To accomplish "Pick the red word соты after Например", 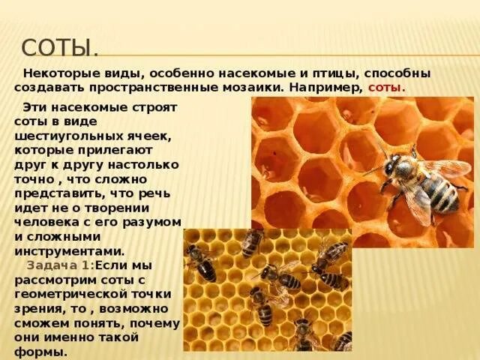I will pyautogui.click(x=387, y=88).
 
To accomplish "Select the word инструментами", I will pyautogui.click(x=64, y=251).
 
